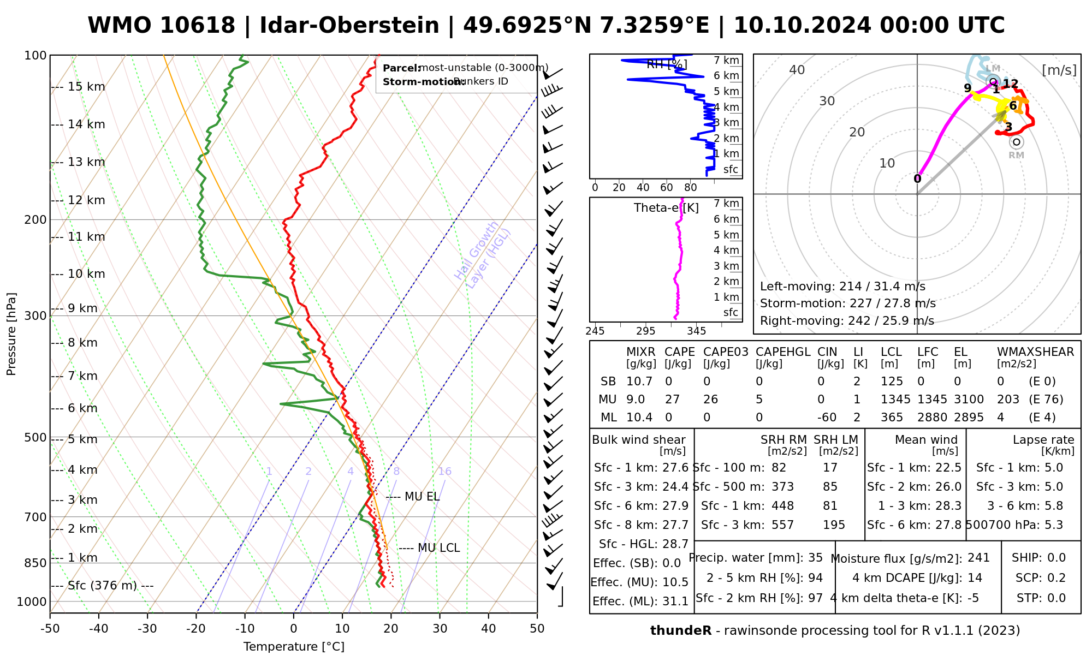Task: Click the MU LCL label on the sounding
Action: [x=438, y=548]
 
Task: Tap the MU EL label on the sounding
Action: [x=422, y=497]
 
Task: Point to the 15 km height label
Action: [x=86, y=87]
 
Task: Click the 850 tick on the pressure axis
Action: [x=36, y=563]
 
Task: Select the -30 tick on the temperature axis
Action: [x=147, y=629]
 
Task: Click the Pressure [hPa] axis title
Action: [x=11, y=334]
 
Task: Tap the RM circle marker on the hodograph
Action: [x=1016, y=142]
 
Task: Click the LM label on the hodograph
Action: [x=993, y=68]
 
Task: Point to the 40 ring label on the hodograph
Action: [x=797, y=70]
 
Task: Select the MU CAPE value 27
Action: [x=672, y=400]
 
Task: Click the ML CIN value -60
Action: [x=827, y=418]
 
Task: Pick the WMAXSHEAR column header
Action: [x=1035, y=352]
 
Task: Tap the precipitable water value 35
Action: [x=815, y=558]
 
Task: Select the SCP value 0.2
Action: [x=1056, y=578]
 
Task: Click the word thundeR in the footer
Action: [x=680, y=631]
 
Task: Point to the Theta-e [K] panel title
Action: [x=666, y=208]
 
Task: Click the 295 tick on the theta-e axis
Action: [x=645, y=331]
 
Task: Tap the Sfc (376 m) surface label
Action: [x=102, y=586]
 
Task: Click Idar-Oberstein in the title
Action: [x=349, y=26]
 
